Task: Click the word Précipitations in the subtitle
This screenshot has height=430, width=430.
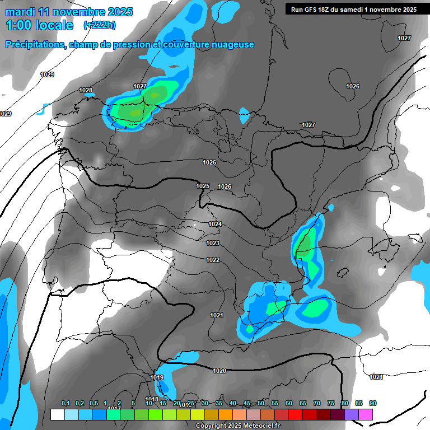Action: pos(35,45)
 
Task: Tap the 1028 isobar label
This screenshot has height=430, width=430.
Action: pos(86,90)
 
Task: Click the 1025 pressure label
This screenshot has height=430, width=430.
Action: pos(203,186)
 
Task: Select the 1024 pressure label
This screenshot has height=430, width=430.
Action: pos(215,224)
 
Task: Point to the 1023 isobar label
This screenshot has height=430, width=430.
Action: pos(213,243)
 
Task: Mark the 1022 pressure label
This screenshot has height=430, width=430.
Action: pos(213,260)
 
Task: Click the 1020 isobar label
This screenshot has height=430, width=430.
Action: pos(219,371)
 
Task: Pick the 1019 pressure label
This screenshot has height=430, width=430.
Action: pos(157,377)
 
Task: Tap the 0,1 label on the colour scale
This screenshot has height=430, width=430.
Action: pos(66,404)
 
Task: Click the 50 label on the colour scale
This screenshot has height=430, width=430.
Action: pos(261,404)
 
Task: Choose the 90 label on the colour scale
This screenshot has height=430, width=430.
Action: pos(373,404)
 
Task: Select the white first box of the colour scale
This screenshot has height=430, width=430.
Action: pos(57,414)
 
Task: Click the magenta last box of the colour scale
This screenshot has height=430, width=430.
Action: pos(366,414)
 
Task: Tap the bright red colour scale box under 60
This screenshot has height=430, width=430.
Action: pos(296,414)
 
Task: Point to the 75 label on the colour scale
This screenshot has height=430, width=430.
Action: pos(331,404)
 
